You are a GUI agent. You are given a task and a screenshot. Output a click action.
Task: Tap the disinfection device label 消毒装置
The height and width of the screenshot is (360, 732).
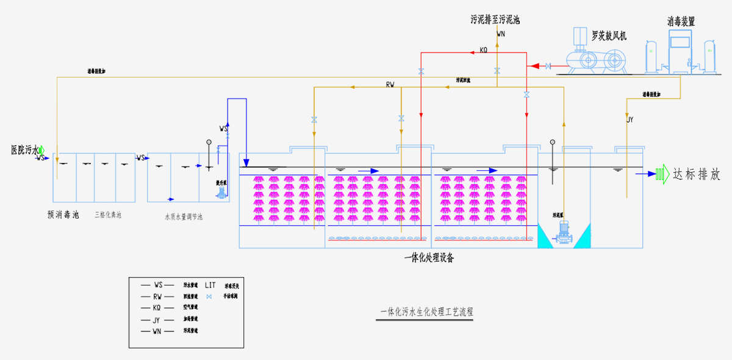(x=681, y=21)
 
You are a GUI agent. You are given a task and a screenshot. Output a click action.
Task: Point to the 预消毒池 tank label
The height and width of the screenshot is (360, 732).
(x=63, y=215)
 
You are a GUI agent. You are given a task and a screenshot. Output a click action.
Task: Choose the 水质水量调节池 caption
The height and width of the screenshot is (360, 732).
(x=183, y=217)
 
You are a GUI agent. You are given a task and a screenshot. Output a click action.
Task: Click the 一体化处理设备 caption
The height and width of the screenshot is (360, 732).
(x=429, y=258)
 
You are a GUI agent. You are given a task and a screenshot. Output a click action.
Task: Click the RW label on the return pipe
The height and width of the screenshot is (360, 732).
(x=390, y=84)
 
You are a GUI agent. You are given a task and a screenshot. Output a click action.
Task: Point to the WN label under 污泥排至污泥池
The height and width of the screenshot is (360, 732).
(x=501, y=34)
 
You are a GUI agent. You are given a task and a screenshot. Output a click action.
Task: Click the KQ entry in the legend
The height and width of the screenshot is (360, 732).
(x=157, y=308)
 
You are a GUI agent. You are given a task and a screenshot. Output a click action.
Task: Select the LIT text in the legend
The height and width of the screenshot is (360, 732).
(x=210, y=285)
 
